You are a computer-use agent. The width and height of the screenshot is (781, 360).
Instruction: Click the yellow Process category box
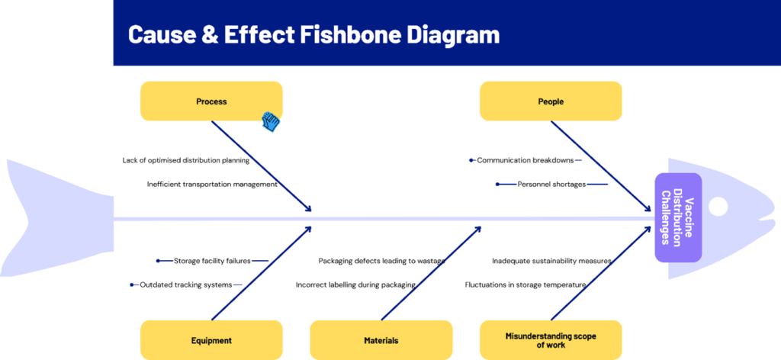tap(211, 101)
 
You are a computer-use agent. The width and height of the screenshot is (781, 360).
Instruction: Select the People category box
tap(551, 101)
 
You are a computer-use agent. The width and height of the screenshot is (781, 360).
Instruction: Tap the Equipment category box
tap(211, 340)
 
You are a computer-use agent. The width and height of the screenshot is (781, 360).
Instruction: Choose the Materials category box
tap(381, 340)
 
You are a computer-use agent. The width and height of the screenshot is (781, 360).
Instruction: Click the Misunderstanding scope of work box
tap(551, 340)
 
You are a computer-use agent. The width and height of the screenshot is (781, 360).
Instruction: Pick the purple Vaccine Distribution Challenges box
tap(678, 217)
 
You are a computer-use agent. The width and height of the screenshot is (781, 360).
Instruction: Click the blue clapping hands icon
tap(271, 122)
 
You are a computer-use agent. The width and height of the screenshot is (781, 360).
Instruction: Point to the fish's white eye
tap(718, 207)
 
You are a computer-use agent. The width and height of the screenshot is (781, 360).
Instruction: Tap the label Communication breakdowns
tap(525, 160)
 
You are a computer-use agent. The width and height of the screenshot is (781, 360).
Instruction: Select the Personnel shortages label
tap(551, 185)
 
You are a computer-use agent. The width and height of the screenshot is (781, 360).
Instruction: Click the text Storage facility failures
tap(212, 260)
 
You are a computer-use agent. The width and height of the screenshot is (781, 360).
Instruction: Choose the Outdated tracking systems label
tap(186, 284)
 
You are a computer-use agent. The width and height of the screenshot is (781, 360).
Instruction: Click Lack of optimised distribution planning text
tap(186, 160)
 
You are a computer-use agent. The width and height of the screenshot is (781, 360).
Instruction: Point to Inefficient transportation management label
tap(212, 185)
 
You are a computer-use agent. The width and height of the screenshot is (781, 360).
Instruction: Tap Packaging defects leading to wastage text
tap(382, 260)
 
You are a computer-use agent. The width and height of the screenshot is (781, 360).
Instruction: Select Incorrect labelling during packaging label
tap(355, 284)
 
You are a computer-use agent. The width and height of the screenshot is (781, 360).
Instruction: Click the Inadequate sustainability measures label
tap(552, 260)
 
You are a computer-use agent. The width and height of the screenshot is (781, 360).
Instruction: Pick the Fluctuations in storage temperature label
tap(525, 284)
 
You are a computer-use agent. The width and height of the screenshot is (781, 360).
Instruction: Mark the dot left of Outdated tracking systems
tap(132, 284)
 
